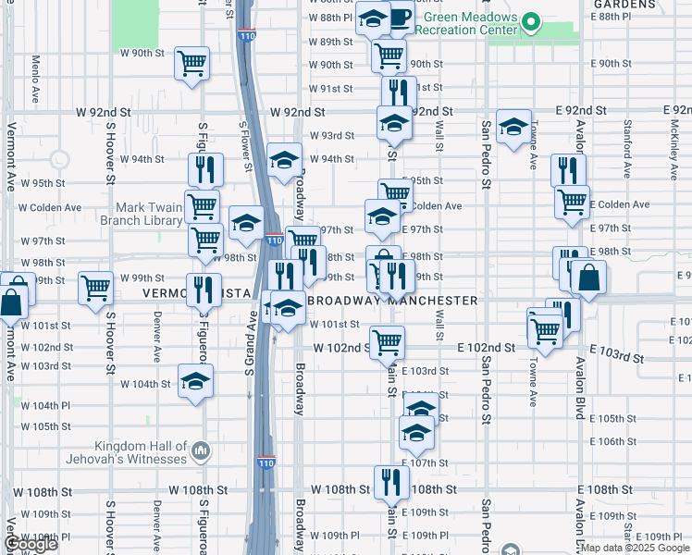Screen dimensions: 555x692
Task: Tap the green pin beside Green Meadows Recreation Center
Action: tap(531, 21)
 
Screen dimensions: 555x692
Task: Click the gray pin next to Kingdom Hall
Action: tap(201, 450)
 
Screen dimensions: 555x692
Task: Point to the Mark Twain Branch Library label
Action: tap(150, 215)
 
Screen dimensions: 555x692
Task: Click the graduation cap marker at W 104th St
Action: tap(195, 382)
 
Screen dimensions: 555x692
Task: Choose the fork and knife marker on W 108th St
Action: tap(391, 482)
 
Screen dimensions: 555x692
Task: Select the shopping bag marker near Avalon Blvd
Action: tap(587, 277)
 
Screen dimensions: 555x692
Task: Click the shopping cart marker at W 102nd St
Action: tap(387, 342)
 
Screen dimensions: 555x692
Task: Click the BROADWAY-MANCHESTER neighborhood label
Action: tap(392, 301)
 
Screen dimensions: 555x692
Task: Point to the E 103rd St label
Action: tap(616, 355)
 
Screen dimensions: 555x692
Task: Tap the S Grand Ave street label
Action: tap(251, 343)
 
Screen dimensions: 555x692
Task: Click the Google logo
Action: tap(31, 544)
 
